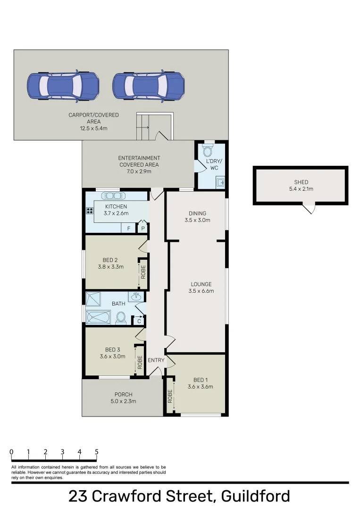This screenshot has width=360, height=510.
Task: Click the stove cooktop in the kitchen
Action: (89, 211)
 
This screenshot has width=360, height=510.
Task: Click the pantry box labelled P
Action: (142, 229)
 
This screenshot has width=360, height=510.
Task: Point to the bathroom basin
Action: (136, 297)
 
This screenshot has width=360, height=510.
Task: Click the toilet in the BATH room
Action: (121, 317)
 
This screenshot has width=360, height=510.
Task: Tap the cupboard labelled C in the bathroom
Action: (139, 321)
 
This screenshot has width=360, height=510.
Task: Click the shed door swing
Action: (310, 208)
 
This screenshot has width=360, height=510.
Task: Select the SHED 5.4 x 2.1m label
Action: (301, 186)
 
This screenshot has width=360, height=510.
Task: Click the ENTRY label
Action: (156, 360)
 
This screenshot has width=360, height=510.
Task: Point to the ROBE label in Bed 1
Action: (170, 396)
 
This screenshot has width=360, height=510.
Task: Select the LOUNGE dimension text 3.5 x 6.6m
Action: (201, 291)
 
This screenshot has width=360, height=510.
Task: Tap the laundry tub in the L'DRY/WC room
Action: (220, 181)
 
